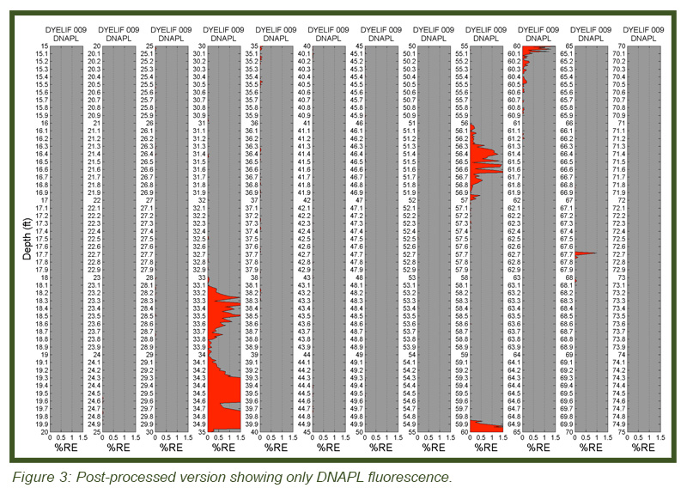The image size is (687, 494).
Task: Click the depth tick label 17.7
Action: click(40, 254)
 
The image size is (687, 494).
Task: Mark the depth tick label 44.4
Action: click(304, 385)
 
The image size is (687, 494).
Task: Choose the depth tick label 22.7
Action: click(94, 254)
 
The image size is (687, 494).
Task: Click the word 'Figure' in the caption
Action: click(31, 478)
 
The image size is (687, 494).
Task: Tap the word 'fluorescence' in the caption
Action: click(413, 478)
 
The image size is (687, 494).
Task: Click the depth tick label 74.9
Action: click(621, 424)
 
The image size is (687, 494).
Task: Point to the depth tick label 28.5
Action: click(146, 316)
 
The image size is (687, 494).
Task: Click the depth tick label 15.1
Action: click(40, 53)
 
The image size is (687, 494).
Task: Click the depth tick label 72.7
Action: click(621, 254)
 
